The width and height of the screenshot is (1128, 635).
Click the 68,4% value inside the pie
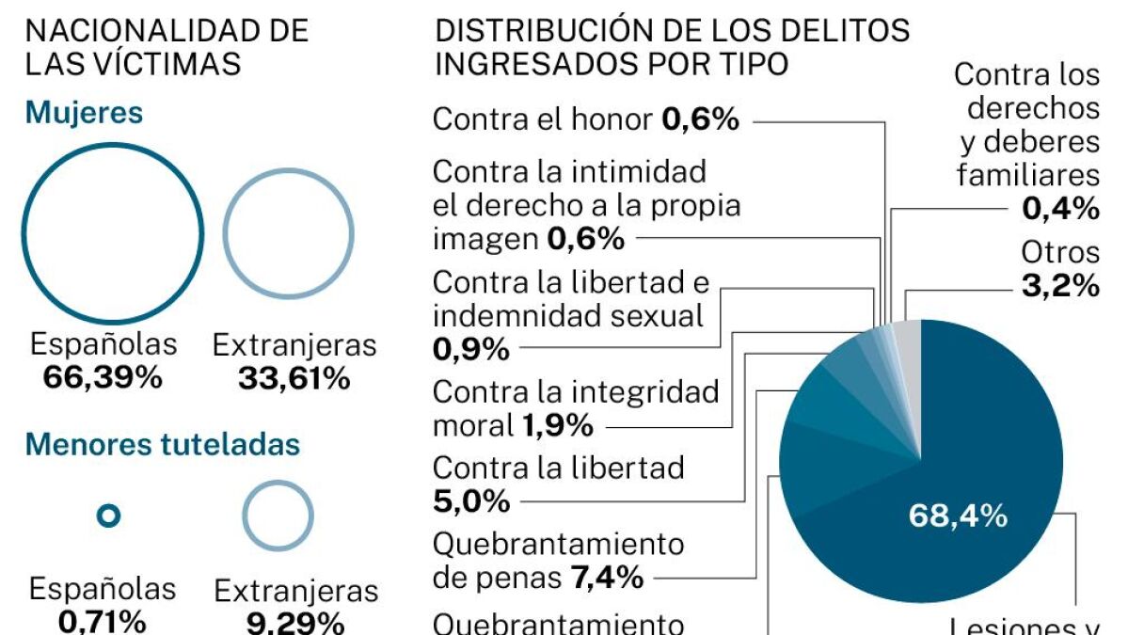click(x=958, y=516)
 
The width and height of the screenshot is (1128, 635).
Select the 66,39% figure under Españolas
click(x=103, y=378)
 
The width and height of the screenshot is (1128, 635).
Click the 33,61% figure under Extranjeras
click(x=294, y=378)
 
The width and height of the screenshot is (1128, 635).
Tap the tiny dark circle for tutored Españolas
click(x=110, y=516)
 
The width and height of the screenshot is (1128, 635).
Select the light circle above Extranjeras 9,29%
click(x=278, y=516)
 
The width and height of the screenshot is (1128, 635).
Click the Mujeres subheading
click(x=85, y=114)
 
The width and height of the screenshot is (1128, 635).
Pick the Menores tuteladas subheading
click(x=163, y=444)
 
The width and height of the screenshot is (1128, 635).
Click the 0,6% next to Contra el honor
click(x=700, y=119)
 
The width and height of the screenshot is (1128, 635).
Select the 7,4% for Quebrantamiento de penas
click(x=607, y=576)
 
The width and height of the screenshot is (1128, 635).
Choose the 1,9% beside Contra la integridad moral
click(x=554, y=425)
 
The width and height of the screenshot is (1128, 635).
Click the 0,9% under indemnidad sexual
click(x=471, y=349)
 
